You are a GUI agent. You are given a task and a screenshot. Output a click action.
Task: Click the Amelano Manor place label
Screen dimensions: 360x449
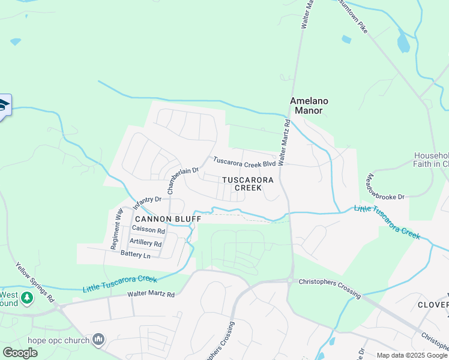click(x=306, y=106)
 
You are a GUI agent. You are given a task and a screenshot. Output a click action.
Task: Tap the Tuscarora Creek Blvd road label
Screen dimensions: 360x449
click(x=244, y=162)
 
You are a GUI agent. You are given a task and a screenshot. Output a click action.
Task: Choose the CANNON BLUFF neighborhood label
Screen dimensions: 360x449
click(x=167, y=219)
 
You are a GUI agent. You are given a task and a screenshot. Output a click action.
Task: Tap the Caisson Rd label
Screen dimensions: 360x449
click(x=148, y=230)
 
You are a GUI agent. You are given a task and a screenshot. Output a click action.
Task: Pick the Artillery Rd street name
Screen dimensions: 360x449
click(x=145, y=243)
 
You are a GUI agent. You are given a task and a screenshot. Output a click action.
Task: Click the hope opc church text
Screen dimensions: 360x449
click(x=58, y=341)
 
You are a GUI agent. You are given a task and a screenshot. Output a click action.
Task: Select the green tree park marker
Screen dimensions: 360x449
click(x=26, y=298)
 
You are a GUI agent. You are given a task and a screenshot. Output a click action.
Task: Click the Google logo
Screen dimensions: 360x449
click(x=20, y=353)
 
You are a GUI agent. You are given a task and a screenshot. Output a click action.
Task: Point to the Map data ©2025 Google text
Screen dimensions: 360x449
click(x=412, y=355)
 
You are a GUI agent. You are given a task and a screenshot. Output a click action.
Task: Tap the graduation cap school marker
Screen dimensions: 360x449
click(x=2, y=106)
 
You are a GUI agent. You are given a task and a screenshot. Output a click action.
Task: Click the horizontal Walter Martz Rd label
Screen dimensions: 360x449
click(x=151, y=294)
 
